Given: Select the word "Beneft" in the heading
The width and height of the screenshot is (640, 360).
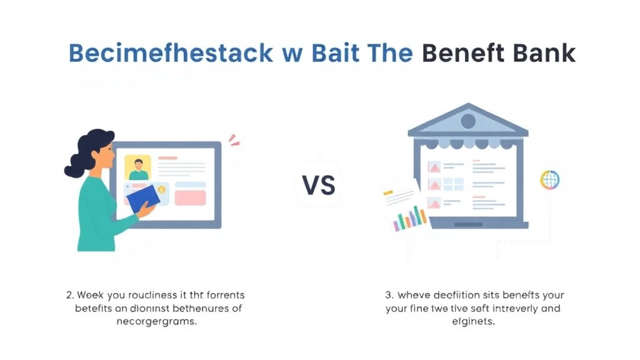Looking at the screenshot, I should pyautogui.click(x=461, y=53).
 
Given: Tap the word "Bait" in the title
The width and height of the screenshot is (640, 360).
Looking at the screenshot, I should pyautogui.click(x=329, y=53).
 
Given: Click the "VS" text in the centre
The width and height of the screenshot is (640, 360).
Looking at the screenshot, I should pyautogui.click(x=319, y=185).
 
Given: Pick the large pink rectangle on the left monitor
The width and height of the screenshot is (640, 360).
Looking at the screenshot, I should pyautogui.click(x=190, y=197).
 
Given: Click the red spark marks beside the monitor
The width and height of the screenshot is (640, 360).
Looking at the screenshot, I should pyautogui.click(x=234, y=141).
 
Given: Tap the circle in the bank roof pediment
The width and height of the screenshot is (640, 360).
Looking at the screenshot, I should pyautogui.click(x=467, y=121).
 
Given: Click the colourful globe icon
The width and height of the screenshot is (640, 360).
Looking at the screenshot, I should pyautogui.click(x=549, y=180).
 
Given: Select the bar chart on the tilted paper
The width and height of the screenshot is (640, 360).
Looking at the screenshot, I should pyautogui.click(x=410, y=219).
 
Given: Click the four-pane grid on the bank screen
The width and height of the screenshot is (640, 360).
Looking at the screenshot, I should pyautogui.click(x=454, y=184).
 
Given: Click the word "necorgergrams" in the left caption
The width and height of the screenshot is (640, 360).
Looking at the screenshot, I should pyautogui.click(x=157, y=322).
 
